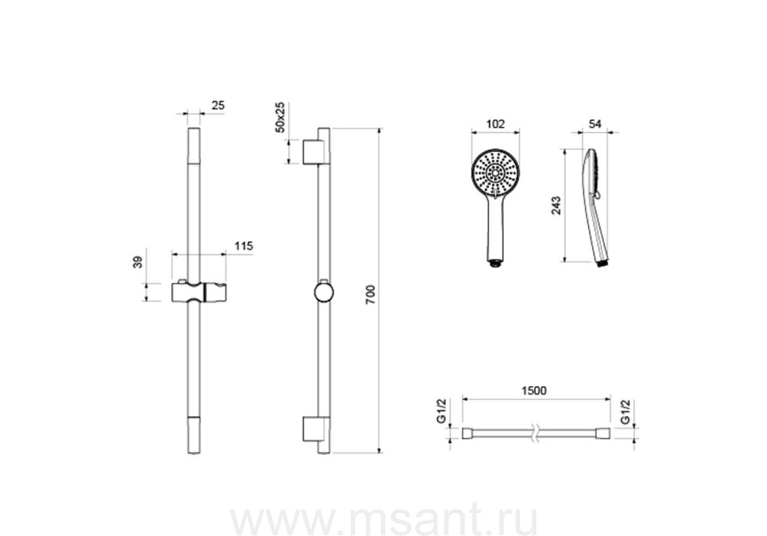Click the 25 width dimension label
pyautogui.click(x=217, y=105)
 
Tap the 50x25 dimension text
pyautogui.click(x=280, y=118)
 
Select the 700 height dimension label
pyautogui.click(x=371, y=295)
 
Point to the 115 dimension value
pyautogui.click(x=244, y=245)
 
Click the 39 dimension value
pyautogui.click(x=138, y=262)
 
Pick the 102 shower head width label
pyautogui.click(x=495, y=124)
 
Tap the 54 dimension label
pyautogui.click(x=594, y=124)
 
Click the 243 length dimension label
pyautogui.click(x=556, y=205)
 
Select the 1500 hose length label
pyautogui.click(x=533, y=391)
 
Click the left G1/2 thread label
pyautogui.click(x=441, y=411)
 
